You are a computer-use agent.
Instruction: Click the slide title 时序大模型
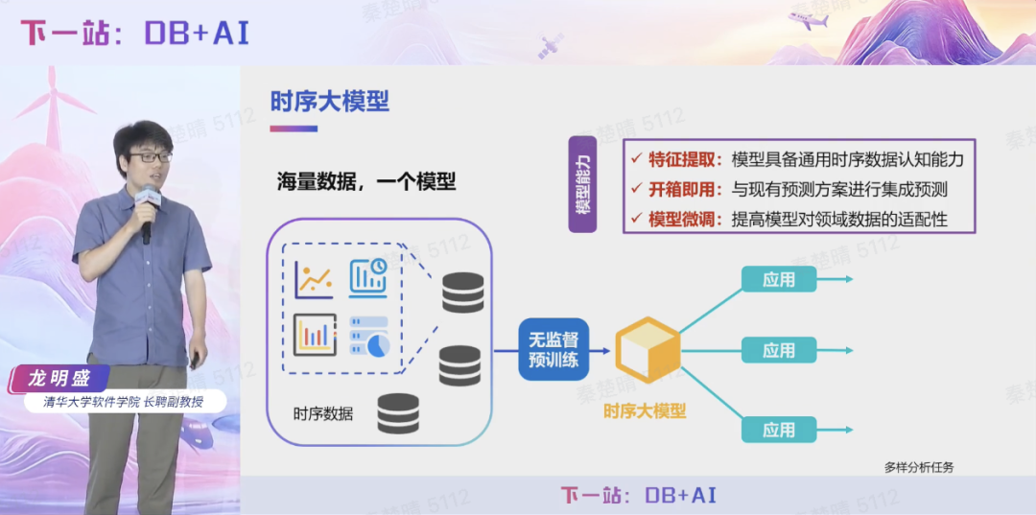tap(329, 101)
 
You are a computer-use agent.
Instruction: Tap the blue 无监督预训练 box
tap(553, 350)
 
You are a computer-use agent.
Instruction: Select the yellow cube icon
tap(647, 352)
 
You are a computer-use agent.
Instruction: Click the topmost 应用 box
tap(779, 279)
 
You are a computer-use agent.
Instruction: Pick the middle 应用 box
tap(779, 351)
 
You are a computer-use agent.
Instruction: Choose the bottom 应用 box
tap(779, 430)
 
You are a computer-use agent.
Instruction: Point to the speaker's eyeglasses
tap(150, 156)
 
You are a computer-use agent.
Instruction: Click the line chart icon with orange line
tap(315, 278)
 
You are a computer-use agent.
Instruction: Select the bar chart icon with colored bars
tap(315, 335)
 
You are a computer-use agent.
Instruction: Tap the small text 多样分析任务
tap(918, 468)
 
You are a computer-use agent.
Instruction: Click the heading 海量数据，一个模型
tap(366, 181)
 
